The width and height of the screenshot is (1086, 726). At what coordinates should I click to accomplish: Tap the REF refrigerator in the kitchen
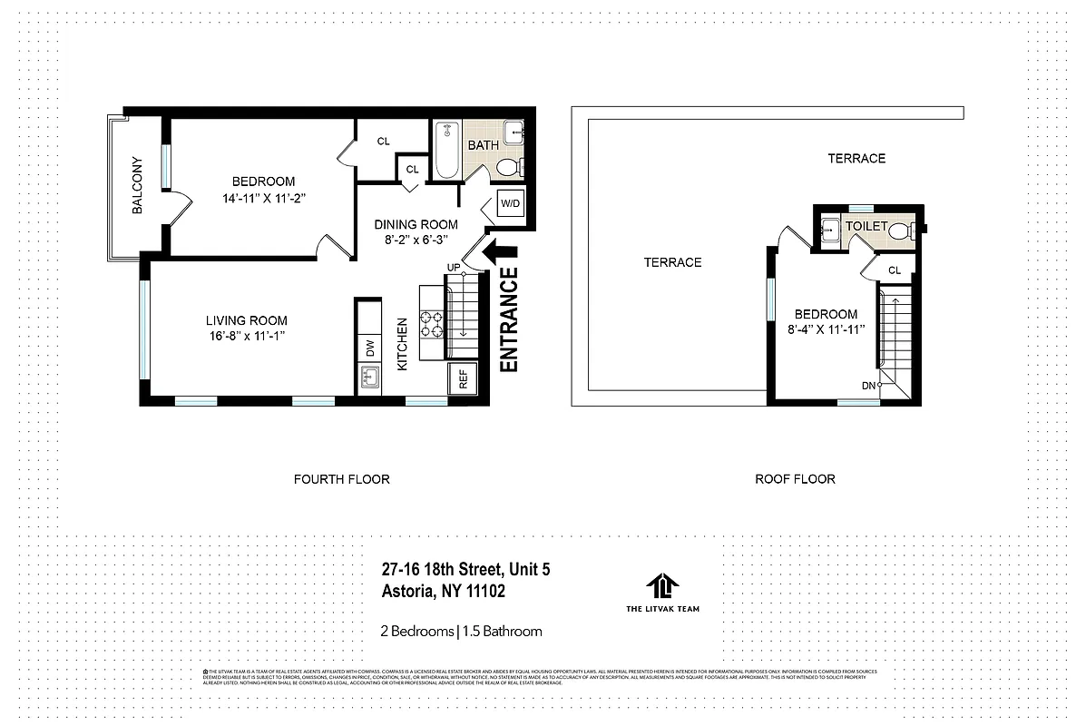[463, 379]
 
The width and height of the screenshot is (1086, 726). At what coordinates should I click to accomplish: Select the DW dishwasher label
[370, 348]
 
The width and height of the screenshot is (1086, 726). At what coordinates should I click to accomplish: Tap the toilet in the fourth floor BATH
[508, 167]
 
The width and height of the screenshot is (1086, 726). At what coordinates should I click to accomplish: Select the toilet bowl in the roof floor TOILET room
[900, 231]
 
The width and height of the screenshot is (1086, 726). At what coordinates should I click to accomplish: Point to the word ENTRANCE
[509, 319]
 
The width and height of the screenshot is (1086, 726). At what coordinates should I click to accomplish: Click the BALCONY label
[138, 186]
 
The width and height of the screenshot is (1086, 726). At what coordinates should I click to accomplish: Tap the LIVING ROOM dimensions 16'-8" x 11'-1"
[246, 337]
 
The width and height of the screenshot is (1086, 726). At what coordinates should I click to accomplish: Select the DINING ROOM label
[417, 224]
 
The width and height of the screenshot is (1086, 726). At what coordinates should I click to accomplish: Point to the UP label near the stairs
[454, 267]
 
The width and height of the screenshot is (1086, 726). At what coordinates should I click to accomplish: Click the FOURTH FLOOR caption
[341, 478]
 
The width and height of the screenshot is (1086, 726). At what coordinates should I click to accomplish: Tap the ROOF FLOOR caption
[795, 478]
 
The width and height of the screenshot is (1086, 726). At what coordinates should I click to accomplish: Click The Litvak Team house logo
[662, 586]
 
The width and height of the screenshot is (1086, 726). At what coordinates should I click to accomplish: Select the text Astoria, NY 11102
[443, 592]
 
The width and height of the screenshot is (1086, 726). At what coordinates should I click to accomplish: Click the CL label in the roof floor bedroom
[895, 270]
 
